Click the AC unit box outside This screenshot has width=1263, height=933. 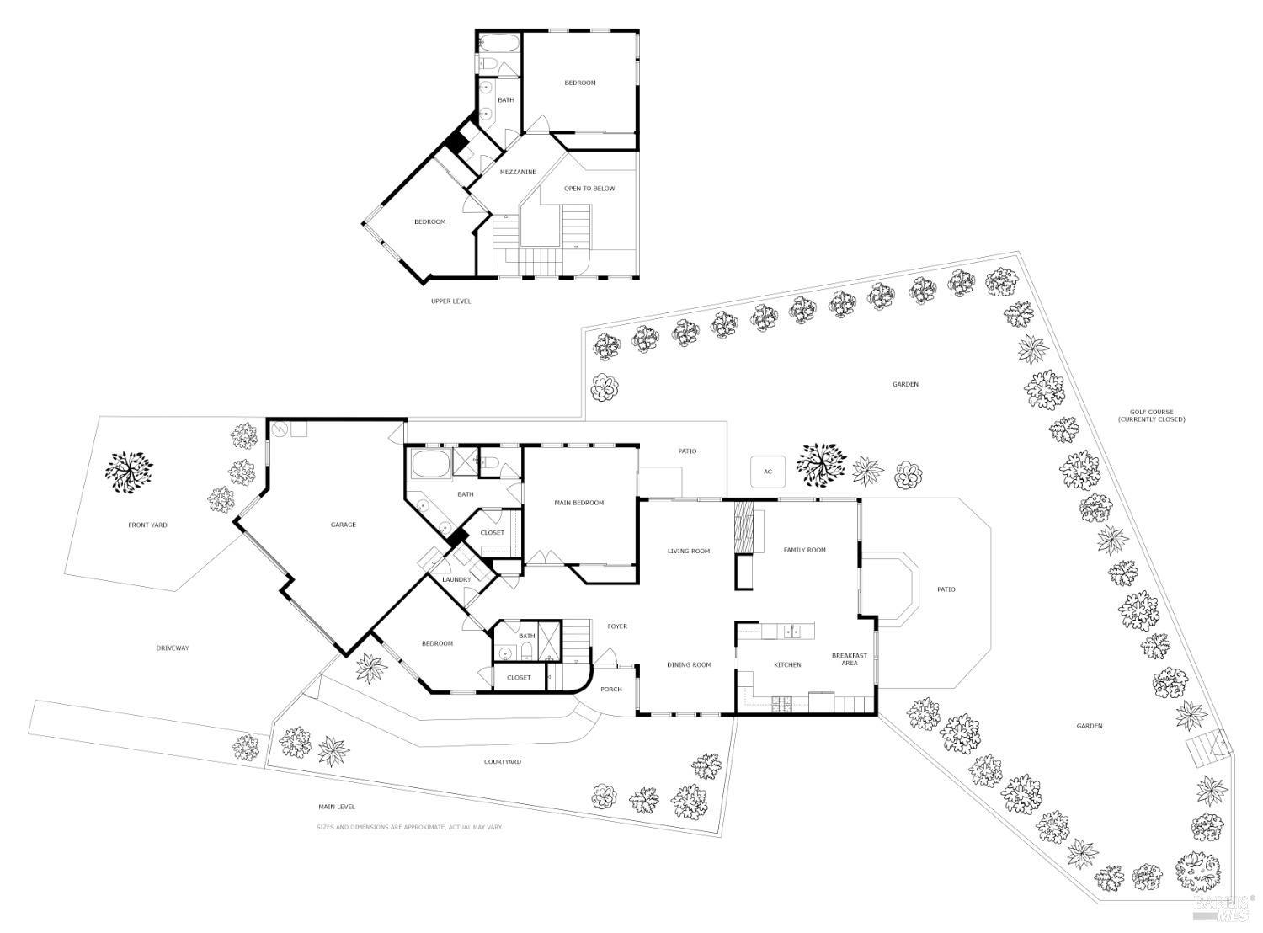[767, 472]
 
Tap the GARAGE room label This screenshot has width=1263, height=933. [343, 525]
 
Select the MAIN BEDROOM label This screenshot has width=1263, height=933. [578, 503]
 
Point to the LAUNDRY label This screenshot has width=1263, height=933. [456, 579]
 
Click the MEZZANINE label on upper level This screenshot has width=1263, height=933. [518, 172]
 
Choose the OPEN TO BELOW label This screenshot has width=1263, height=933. [589, 189]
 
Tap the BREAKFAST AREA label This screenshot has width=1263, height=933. [849, 659]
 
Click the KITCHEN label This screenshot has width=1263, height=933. [787, 664]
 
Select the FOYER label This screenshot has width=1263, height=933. [617, 626]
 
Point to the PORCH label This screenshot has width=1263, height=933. [610, 689]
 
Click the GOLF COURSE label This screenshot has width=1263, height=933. [1151, 416]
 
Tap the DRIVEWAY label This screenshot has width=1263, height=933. [173, 648]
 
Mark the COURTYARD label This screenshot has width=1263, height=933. [502, 761]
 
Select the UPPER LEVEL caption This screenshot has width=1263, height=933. [450, 301]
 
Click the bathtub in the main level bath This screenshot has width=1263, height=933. [429, 463]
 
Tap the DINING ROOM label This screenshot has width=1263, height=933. [689, 664]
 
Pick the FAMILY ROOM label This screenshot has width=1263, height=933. [804, 550]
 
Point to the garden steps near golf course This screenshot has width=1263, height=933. [1207, 746]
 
